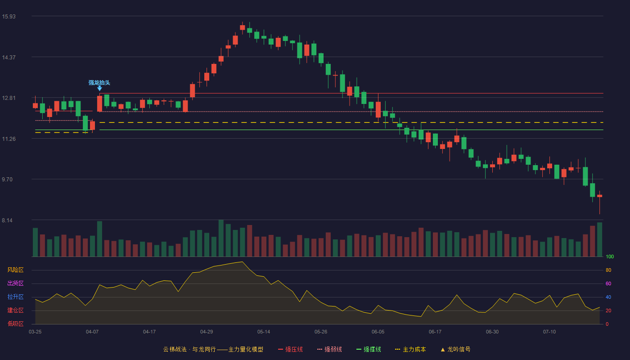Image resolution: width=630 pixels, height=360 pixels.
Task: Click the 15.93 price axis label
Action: (x=9, y=17)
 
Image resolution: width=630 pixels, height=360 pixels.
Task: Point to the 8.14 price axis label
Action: (x=7, y=220)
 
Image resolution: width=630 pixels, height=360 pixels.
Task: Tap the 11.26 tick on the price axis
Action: (x=9, y=139)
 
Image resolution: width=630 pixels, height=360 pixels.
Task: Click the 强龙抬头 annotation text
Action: (x=99, y=83)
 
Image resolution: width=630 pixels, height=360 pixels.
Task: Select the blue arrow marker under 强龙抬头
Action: (x=99, y=89)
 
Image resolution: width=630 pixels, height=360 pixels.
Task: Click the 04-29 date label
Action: (x=207, y=332)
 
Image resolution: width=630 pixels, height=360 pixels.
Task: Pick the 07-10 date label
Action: (x=549, y=332)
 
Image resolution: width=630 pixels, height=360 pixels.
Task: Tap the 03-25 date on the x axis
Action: (x=35, y=332)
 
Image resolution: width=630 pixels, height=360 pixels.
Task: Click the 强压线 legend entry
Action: (x=291, y=349)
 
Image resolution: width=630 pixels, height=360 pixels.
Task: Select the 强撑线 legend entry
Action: (x=369, y=349)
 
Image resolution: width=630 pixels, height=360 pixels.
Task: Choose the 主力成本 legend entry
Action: (x=410, y=349)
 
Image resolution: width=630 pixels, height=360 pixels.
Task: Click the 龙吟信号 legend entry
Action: (x=455, y=349)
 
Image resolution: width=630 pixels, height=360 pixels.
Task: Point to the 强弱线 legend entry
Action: (x=329, y=349)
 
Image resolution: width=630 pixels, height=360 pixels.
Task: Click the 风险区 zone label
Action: (x=15, y=270)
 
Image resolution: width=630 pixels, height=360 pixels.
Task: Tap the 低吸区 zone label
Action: (x=15, y=324)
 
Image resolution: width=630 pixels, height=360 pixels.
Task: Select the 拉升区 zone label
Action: (x=15, y=297)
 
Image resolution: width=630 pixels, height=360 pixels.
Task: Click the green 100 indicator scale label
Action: (x=610, y=256)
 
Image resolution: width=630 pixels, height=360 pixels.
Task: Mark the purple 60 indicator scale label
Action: (x=608, y=283)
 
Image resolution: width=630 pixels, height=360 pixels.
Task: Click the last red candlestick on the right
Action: (x=599, y=196)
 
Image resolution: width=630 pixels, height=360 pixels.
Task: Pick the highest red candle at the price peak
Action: (x=243, y=27)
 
